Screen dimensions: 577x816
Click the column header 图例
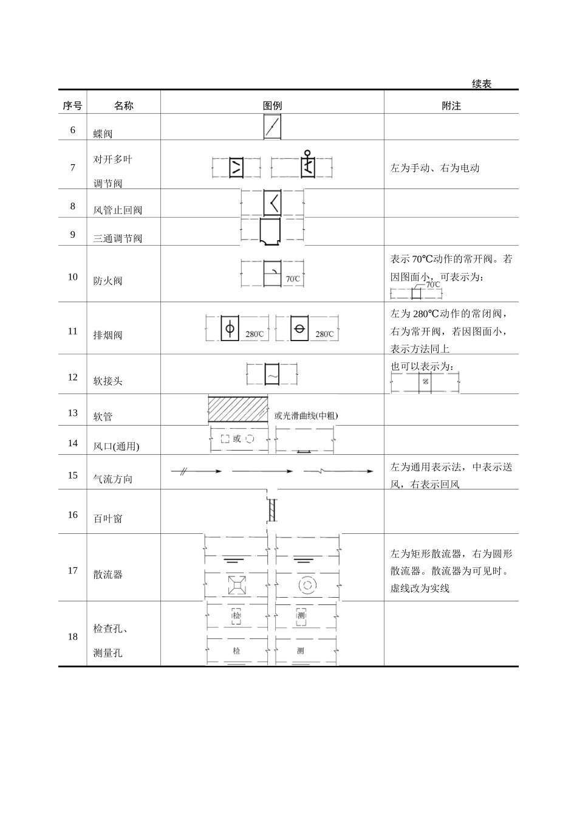272,105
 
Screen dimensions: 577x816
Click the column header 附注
451,105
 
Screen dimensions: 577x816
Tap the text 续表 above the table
482,84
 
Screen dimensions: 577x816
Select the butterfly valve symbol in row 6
272,127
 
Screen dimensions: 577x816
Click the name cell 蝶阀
103,134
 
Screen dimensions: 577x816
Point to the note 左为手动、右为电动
435,168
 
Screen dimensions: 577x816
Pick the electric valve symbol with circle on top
308,165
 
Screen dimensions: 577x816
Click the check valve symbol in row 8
272,202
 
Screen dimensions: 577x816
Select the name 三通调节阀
118,238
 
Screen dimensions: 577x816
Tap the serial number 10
73,277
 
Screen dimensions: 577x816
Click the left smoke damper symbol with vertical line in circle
230,328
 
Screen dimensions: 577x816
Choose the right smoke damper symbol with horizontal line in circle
299,328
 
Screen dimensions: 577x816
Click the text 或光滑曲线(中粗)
306,416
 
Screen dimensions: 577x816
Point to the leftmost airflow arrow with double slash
197,471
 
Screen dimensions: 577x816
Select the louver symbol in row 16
272,510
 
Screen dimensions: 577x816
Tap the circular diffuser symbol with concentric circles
307,586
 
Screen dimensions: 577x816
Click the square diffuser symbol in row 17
236,586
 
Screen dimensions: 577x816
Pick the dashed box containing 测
301,617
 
